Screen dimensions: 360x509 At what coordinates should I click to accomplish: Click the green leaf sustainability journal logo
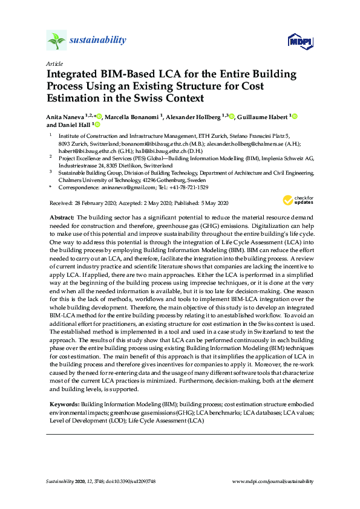click(56, 41)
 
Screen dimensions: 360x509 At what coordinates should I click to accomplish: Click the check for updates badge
click(295, 200)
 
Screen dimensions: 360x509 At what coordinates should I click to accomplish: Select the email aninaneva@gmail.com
click(128, 187)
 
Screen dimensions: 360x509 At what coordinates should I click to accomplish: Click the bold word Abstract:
click(61, 216)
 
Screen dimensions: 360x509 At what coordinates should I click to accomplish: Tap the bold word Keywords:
click(63, 403)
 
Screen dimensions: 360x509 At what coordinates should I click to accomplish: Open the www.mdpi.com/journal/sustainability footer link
click(273, 481)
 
